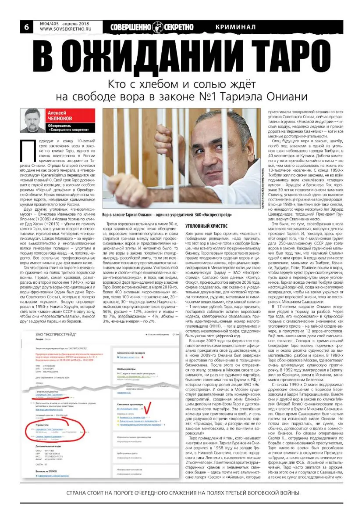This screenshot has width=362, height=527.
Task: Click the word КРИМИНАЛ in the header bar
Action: [x=236, y=27]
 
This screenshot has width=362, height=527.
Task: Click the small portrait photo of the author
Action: [x=33, y=120]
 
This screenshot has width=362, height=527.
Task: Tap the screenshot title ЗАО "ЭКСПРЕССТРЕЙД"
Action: [x=57, y=322]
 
